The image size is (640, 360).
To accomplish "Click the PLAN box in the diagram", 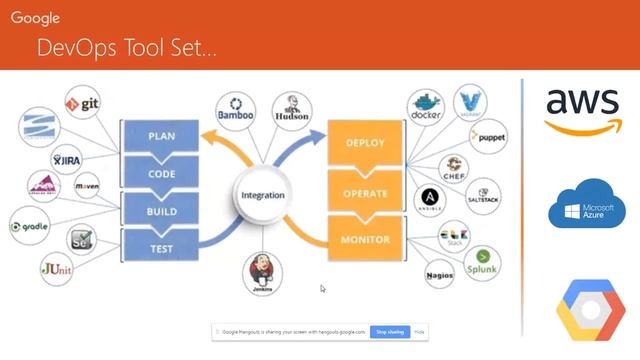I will click(161, 135).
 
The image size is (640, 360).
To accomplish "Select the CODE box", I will click(161, 172).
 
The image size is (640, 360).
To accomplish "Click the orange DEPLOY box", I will click(365, 142).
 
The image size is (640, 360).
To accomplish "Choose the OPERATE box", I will click(365, 192).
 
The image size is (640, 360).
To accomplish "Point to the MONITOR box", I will click(365, 241).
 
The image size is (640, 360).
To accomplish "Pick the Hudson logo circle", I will click(291, 109).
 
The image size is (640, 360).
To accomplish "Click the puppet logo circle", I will click(492, 135).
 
